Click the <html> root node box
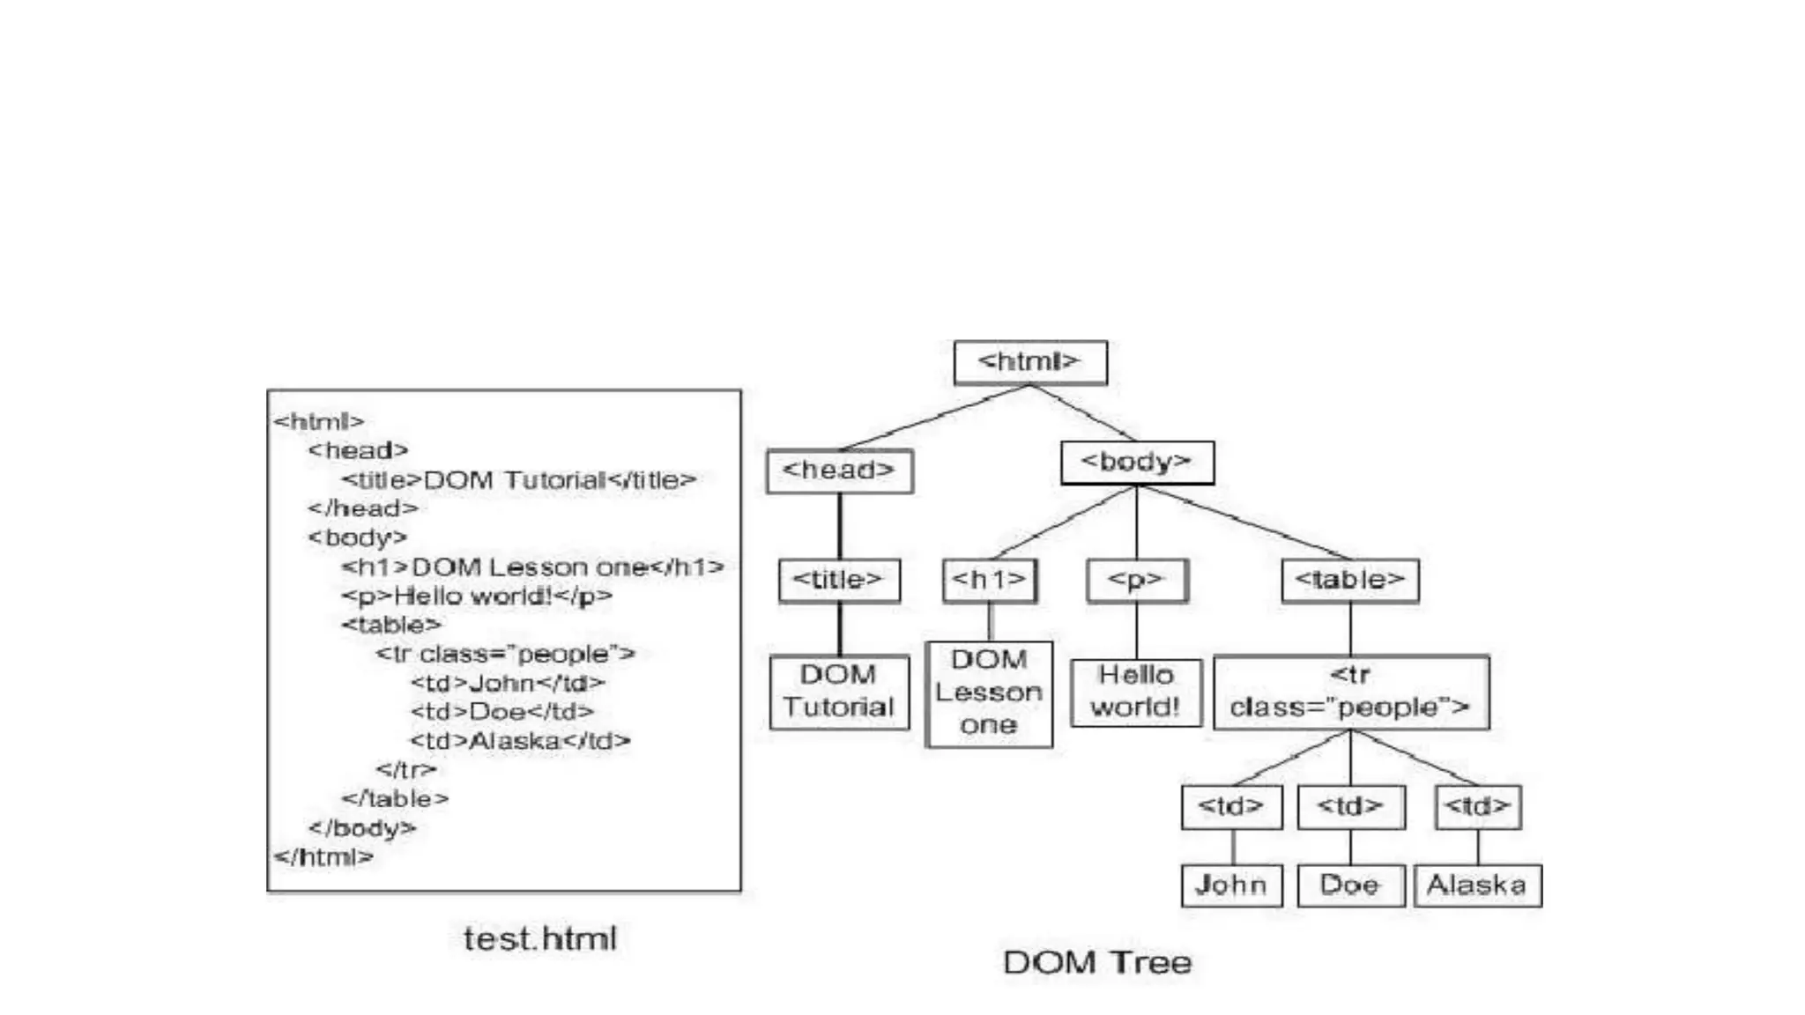click(x=1029, y=362)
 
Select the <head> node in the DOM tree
click(x=839, y=470)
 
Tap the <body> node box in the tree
click(x=1136, y=463)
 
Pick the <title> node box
click(x=838, y=580)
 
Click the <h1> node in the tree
click(x=989, y=580)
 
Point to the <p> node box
click(x=1136, y=580)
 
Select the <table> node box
click(x=1349, y=580)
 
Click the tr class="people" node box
click(x=1350, y=692)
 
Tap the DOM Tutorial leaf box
click(x=838, y=692)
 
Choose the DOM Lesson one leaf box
click(x=989, y=693)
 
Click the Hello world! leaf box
click(x=1135, y=692)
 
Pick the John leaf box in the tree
click(x=1231, y=885)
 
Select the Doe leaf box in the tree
click(x=1350, y=885)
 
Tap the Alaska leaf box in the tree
click(x=1477, y=885)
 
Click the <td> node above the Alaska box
click(x=1477, y=806)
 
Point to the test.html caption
click(x=540, y=939)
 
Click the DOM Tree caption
click(x=1097, y=962)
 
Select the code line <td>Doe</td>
click(x=501, y=712)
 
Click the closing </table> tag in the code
click(x=395, y=799)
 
